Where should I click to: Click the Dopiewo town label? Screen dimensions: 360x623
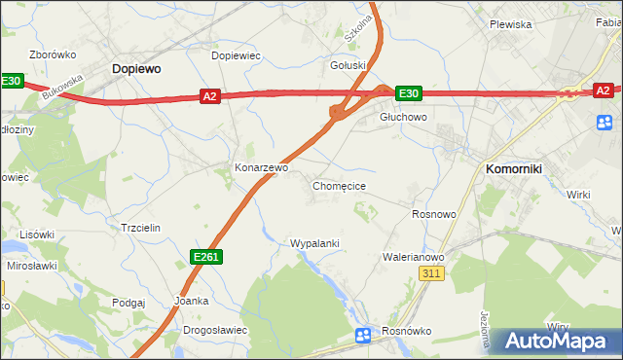(x=136, y=69)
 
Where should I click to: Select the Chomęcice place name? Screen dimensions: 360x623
(x=339, y=185)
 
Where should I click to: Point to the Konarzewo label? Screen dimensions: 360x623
(x=262, y=167)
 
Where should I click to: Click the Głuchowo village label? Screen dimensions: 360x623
(x=403, y=116)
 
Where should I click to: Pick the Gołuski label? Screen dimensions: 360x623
(x=348, y=65)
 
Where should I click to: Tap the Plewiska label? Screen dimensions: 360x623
(x=510, y=24)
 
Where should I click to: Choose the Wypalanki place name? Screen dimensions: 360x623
(x=314, y=242)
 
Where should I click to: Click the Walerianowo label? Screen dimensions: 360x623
(x=414, y=257)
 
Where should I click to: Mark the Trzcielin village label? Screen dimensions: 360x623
(x=140, y=227)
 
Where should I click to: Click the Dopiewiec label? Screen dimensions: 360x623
(x=237, y=55)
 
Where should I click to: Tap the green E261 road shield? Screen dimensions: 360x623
(x=205, y=256)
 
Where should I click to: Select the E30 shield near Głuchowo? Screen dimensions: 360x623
(x=408, y=93)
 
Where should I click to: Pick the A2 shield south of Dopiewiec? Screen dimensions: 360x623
(x=210, y=95)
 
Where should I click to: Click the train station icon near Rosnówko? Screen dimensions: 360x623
(x=363, y=336)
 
